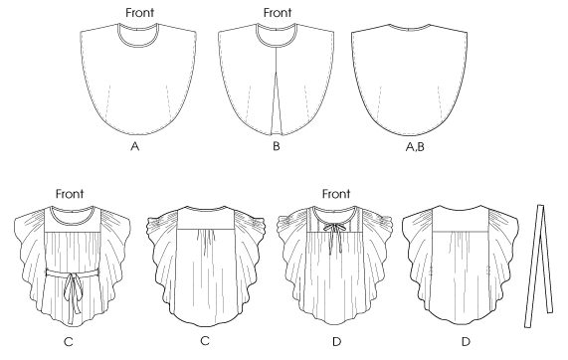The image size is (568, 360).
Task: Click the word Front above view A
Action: click(x=139, y=13)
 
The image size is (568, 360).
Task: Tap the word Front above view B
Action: click(x=278, y=13)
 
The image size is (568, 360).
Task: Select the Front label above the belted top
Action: click(x=70, y=194)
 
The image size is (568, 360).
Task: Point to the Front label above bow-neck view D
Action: click(x=336, y=194)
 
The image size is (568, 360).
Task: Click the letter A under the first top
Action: click(x=134, y=146)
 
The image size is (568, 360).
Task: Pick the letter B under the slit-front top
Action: click(x=277, y=146)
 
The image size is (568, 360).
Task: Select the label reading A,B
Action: click(x=415, y=147)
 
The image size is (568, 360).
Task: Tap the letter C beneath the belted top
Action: click(x=68, y=342)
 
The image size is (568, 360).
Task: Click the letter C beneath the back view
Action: click(x=205, y=341)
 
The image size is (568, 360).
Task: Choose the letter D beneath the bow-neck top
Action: click(x=336, y=342)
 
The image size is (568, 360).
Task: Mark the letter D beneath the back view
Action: click(x=466, y=342)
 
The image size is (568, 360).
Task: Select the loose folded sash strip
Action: click(x=539, y=267)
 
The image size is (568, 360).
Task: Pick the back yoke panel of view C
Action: click(x=205, y=220)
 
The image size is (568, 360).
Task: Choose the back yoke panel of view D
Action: click(x=461, y=220)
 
